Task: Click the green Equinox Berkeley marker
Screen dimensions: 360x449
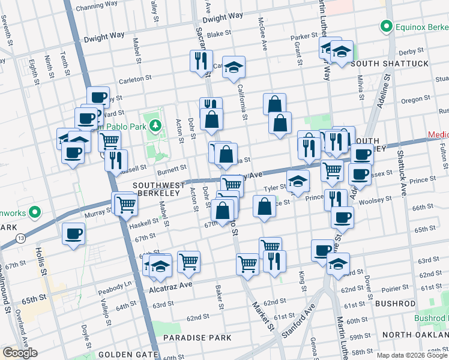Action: [387, 26]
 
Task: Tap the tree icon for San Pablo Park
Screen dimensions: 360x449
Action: [156, 125]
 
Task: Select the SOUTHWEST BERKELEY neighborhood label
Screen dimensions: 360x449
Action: [157, 189]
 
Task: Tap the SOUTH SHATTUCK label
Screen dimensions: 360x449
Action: [390, 64]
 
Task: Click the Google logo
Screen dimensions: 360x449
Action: [20, 353]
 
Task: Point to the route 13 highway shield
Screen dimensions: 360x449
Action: [20, 239]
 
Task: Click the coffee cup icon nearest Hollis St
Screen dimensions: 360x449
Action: [74, 233]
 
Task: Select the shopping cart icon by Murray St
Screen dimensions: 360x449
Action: [126, 205]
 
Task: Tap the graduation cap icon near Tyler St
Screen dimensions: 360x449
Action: [297, 181]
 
